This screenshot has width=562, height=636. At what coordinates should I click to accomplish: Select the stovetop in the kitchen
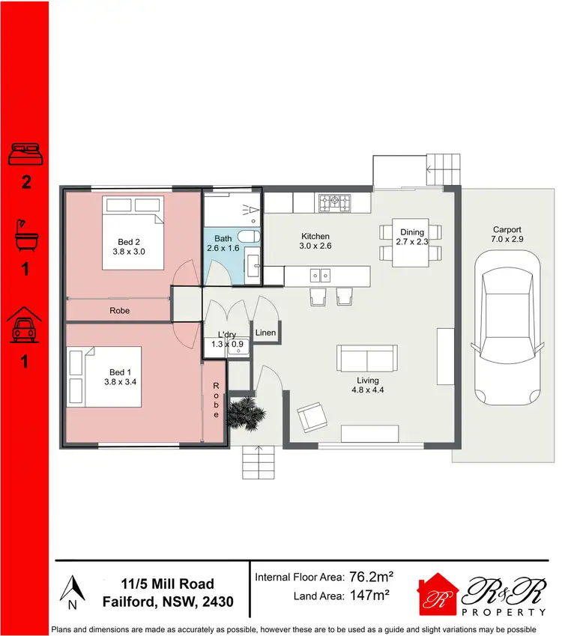[334, 202]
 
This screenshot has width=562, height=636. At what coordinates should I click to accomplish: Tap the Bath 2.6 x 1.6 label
[223, 243]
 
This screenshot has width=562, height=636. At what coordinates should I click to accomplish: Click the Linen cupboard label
[265, 332]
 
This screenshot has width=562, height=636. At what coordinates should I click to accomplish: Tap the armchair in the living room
[312, 417]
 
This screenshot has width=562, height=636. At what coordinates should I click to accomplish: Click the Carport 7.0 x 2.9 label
[507, 235]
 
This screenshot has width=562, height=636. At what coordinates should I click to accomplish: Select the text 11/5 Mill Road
[168, 584]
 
